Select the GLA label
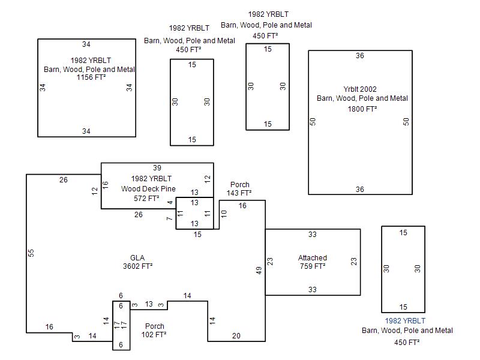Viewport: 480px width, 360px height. [x=137, y=258]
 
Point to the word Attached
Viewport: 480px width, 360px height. [x=313, y=258]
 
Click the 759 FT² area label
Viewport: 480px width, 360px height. [x=313, y=266]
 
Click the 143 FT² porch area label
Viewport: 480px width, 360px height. [x=239, y=193]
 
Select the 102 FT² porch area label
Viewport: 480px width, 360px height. [x=154, y=335]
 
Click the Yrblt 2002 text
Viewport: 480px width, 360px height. [x=360, y=89]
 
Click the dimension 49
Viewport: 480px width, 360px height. [x=259, y=271]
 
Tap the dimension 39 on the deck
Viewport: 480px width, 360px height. [x=157, y=168]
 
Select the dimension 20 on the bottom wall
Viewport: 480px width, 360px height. [x=236, y=336]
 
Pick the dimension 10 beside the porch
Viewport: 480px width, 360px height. [x=224, y=214]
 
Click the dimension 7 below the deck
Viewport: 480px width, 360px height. [x=170, y=218]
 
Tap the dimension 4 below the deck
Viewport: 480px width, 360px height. [x=170, y=203]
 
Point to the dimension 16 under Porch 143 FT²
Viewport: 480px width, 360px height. [x=242, y=206]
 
